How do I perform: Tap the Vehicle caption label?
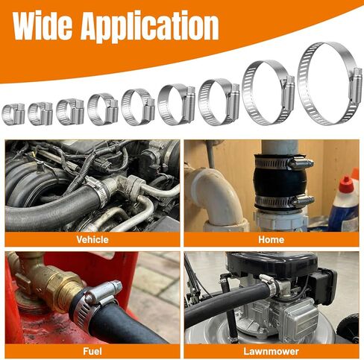tap(92, 240)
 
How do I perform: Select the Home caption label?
tap(271, 240)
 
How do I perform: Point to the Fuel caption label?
tap(92, 350)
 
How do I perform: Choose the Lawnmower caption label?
tap(271, 350)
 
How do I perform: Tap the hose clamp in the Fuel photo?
tap(96, 298)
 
